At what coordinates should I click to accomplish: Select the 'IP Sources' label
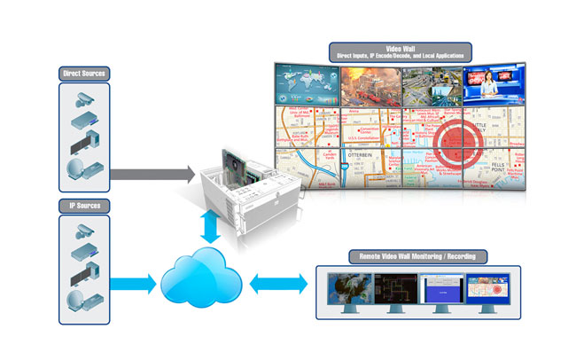[x=84, y=206]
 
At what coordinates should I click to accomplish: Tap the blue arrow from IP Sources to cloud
[x=133, y=285]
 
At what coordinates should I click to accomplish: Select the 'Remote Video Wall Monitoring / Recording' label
[x=417, y=257]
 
